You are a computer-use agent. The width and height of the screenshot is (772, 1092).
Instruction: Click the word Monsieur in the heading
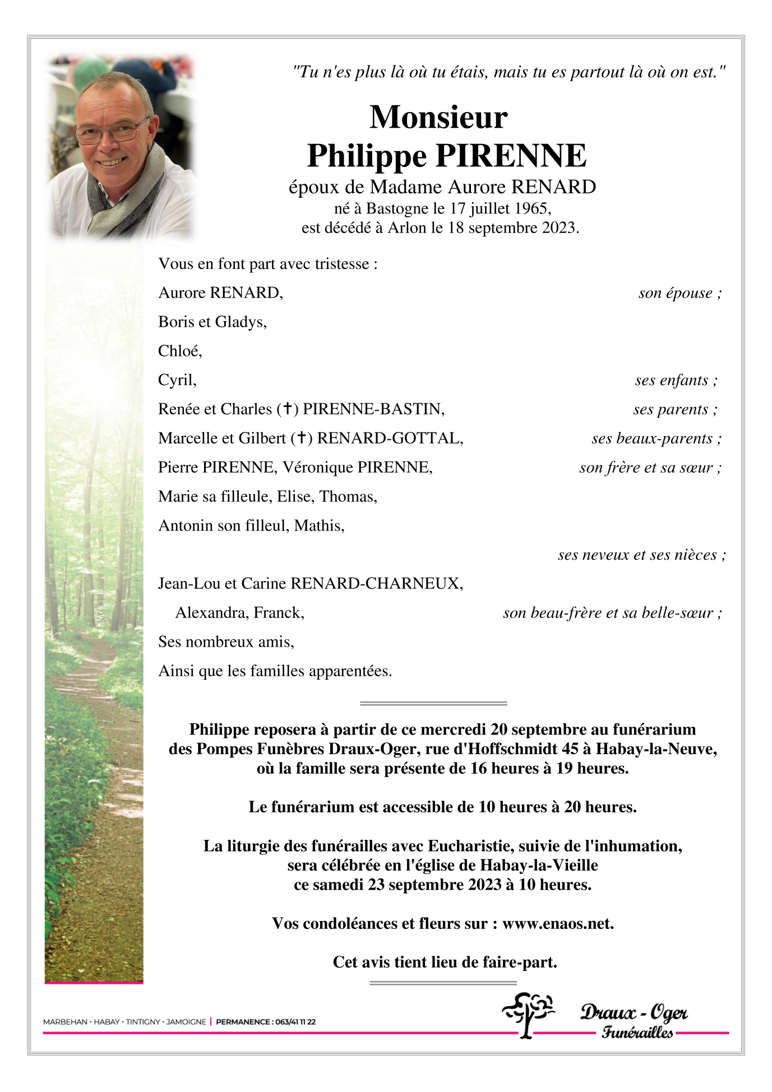(x=438, y=117)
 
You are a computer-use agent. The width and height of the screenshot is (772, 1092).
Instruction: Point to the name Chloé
(x=179, y=351)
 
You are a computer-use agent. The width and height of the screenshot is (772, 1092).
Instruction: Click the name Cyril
(x=177, y=380)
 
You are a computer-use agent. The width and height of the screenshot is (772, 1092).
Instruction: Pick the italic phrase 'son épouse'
(x=676, y=293)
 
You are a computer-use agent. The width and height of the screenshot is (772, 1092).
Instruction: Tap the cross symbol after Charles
(x=287, y=409)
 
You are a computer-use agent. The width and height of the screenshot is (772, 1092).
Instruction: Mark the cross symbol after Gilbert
(x=302, y=438)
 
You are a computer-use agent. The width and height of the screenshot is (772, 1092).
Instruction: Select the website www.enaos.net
(x=557, y=924)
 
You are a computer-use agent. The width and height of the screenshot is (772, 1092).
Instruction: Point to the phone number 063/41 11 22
(x=294, y=1022)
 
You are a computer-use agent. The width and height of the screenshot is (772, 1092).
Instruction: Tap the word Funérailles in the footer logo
(x=637, y=1033)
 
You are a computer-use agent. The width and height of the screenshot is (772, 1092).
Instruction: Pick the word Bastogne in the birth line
(x=397, y=208)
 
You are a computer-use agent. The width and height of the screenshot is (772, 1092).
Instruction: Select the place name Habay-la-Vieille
(x=539, y=866)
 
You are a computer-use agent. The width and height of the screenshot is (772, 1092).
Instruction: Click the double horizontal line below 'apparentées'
(x=433, y=703)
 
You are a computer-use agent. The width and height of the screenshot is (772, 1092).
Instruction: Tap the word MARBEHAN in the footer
(x=65, y=1022)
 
